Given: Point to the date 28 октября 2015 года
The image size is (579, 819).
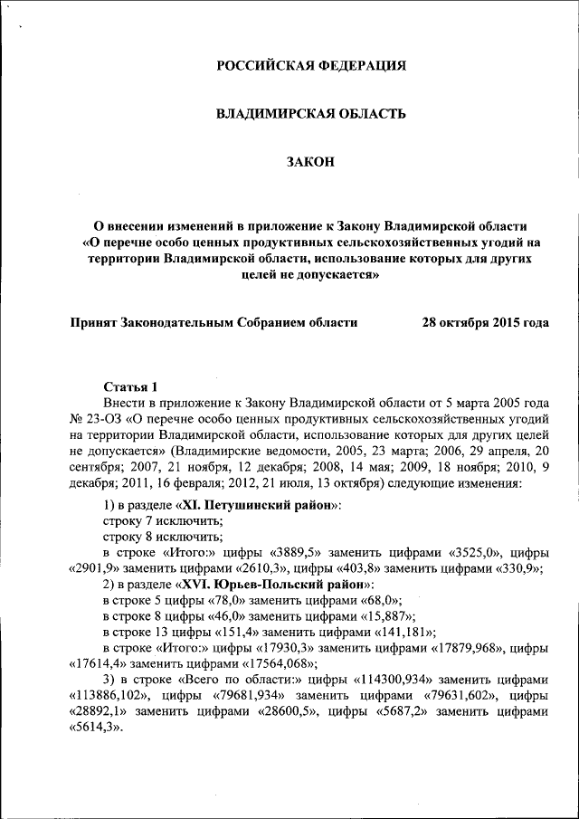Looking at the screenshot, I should [485, 321].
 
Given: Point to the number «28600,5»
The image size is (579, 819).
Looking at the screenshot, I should [285, 713].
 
